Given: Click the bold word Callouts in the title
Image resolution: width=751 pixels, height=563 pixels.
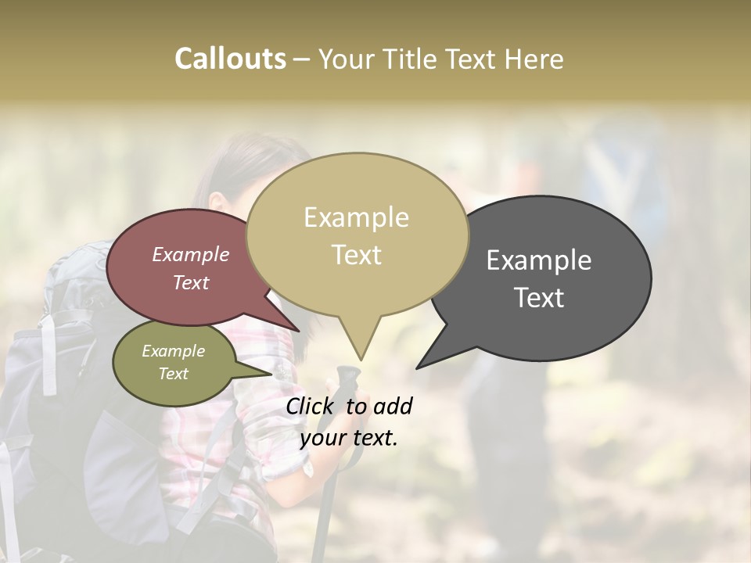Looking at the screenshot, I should tap(230, 59).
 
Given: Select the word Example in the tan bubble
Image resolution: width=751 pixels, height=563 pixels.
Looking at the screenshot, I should tap(356, 217).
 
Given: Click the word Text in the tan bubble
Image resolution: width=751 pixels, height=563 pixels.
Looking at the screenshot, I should tap(357, 255).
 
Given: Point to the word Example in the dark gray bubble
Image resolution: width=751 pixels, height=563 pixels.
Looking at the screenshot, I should tap(539, 260).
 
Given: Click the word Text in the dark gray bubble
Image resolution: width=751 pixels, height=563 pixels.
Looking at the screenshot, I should tap(540, 298).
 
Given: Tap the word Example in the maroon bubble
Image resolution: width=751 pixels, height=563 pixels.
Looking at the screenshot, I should tap(191, 254).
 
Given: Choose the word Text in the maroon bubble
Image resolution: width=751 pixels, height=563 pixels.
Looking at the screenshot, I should tap(191, 283).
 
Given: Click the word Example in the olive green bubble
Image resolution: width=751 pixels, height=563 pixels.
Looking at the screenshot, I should tap(174, 351).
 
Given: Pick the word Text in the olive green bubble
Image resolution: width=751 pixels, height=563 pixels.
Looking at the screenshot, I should tap(174, 374).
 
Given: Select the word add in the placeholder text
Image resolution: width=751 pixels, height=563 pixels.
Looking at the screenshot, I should tap(393, 406).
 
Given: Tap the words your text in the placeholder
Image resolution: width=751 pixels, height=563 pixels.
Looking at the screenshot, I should tap(349, 438).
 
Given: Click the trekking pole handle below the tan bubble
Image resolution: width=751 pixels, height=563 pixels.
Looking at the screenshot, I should tap(347, 382).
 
